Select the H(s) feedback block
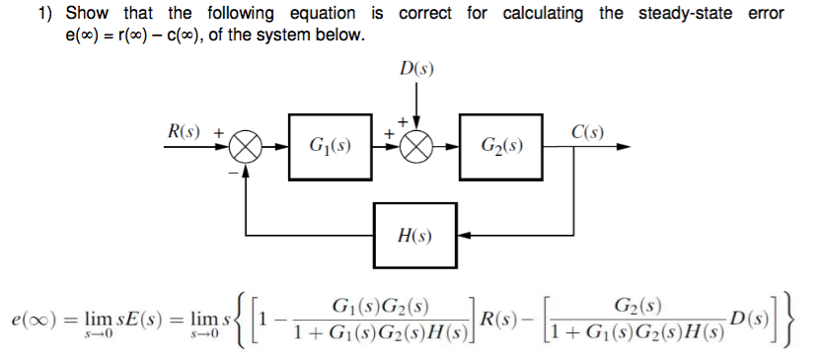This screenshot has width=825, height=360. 414,235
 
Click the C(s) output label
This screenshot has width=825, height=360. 589,131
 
